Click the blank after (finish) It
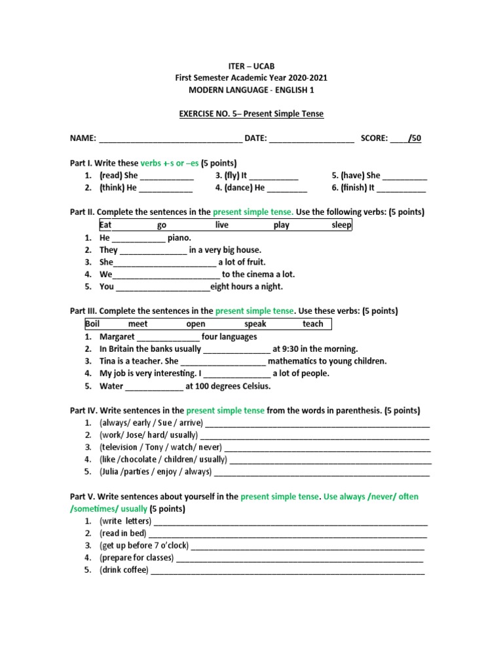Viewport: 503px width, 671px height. [401, 188]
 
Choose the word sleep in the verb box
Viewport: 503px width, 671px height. [341, 225]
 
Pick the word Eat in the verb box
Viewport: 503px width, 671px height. [106, 225]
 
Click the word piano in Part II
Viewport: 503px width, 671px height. [179, 238]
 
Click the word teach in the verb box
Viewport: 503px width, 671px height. [312, 324]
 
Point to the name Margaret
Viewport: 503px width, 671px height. [117, 336]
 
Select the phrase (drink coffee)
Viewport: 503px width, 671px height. [124, 570]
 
